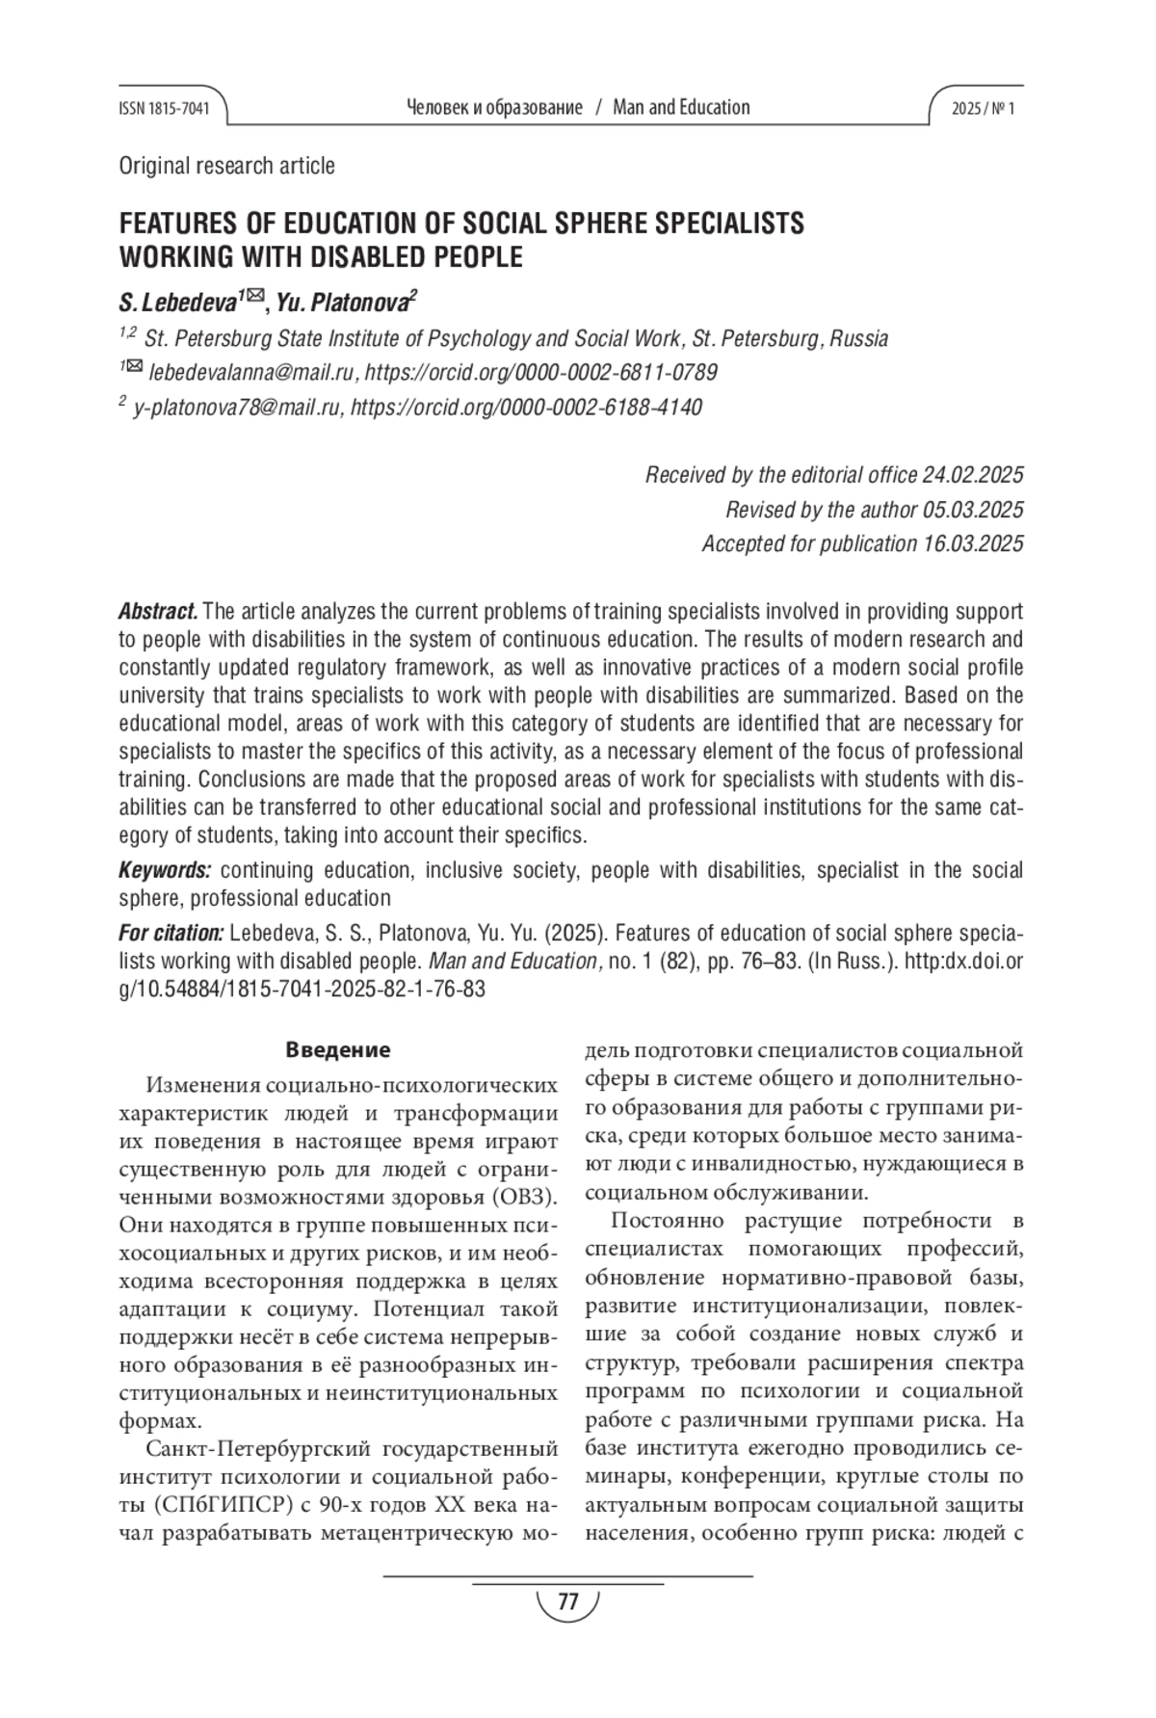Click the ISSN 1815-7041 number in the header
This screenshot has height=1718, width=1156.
(164, 108)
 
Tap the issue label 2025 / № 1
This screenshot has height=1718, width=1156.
(983, 108)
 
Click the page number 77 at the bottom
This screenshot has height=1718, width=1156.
(567, 1602)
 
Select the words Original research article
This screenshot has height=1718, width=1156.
(226, 166)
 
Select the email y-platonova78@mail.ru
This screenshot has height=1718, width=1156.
(237, 408)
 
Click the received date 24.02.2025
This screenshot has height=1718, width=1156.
(972, 475)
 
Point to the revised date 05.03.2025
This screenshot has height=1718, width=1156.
(973, 510)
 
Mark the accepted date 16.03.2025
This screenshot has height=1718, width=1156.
(973, 544)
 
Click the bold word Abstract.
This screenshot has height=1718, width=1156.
(158, 612)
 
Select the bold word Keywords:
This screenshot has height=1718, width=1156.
(165, 871)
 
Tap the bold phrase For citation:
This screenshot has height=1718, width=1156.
(171, 934)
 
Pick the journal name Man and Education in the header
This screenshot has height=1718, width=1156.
(681, 108)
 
